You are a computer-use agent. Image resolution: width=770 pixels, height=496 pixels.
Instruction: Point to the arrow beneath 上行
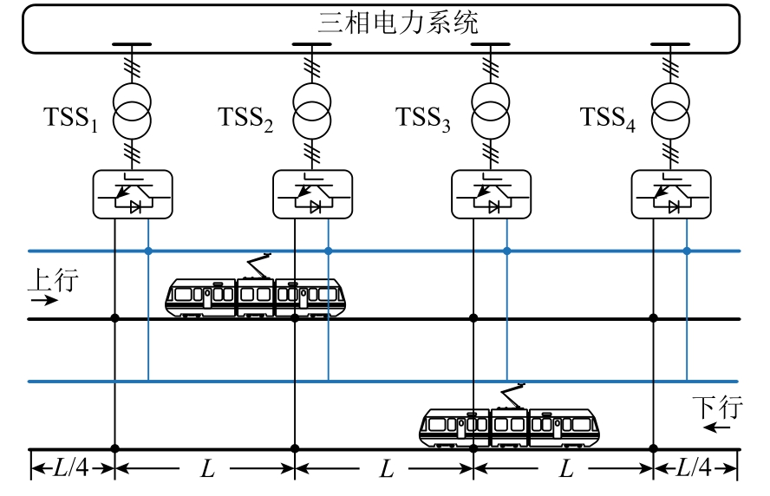pyautogui.click(x=44, y=301)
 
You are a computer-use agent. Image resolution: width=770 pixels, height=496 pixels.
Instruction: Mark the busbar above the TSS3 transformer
pyautogui.click(x=491, y=44)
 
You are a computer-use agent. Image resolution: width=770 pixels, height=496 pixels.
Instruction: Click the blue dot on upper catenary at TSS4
pyautogui.click(x=687, y=251)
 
